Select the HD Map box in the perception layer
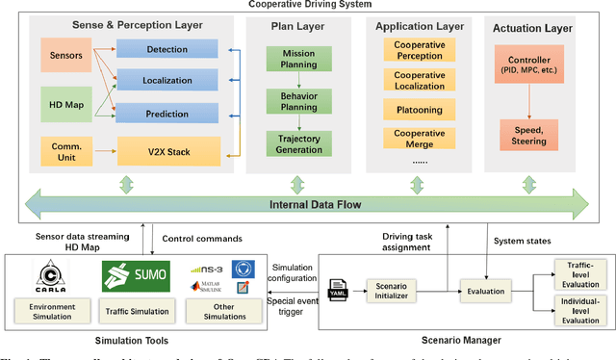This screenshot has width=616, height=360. (67, 98)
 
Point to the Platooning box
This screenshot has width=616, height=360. (421, 111)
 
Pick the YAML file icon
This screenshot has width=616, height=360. (338, 288)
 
